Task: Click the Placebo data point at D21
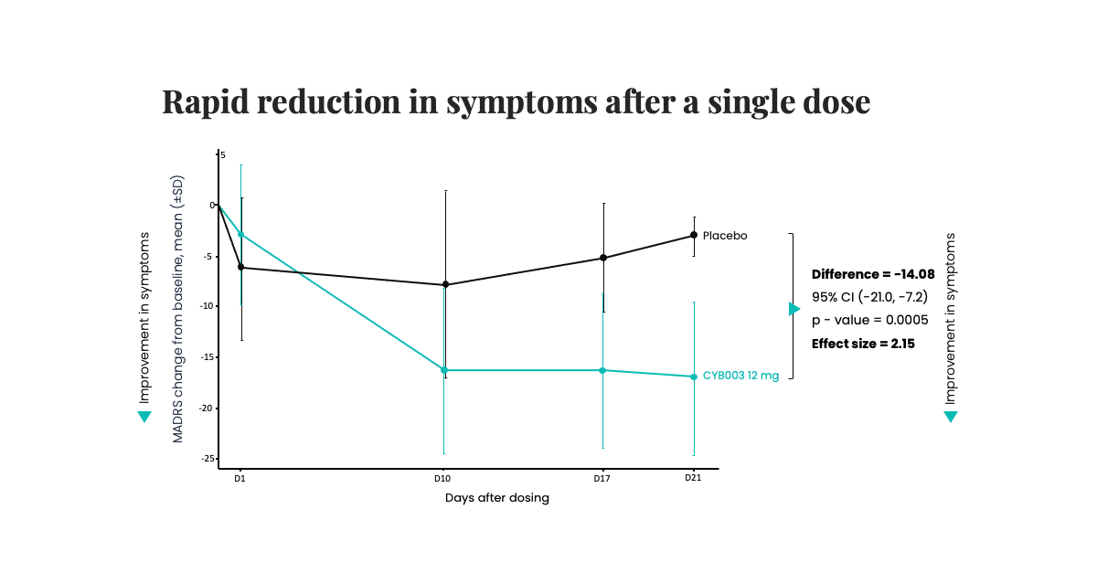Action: (x=694, y=235)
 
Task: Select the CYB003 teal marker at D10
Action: (x=444, y=370)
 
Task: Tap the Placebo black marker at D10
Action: (x=445, y=284)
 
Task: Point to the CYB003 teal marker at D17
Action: (x=602, y=370)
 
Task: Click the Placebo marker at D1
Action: (x=240, y=267)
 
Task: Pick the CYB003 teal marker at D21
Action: (x=694, y=377)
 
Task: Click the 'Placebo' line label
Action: (x=725, y=236)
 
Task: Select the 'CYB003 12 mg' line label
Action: (x=740, y=376)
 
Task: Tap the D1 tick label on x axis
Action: (x=240, y=478)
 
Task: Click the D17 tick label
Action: (x=602, y=478)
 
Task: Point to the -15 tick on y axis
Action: (x=208, y=357)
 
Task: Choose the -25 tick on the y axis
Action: (x=208, y=459)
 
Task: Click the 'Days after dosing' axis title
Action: (x=497, y=498)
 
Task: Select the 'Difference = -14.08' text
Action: (x=872, y=274)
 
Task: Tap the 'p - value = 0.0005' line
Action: (x=869, y=320)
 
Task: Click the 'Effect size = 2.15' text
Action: (x=863, y=344)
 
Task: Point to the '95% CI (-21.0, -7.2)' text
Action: (x=869, y=297)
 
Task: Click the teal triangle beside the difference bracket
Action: (x=794, y=309)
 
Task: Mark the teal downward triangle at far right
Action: (x=951, y=417)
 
